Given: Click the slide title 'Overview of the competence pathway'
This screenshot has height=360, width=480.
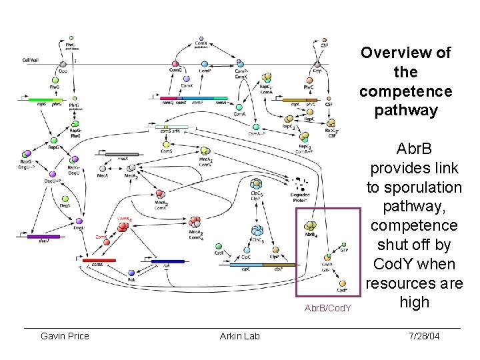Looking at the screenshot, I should point(405,81).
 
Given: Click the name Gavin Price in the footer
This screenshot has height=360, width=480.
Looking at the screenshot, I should point(65,335).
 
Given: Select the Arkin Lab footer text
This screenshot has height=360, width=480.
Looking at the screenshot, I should point(239,335).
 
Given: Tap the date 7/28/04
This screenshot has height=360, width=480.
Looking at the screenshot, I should point(424,335).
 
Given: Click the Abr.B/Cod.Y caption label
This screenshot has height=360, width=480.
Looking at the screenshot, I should point(327,308).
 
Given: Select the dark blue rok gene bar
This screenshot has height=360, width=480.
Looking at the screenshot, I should point(167,261).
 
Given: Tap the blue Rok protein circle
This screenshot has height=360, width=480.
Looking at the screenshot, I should point(131,272).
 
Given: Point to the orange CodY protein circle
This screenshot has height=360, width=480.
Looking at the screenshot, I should point(342,284).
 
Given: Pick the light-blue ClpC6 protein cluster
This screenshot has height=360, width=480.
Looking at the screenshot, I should point(256,231).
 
